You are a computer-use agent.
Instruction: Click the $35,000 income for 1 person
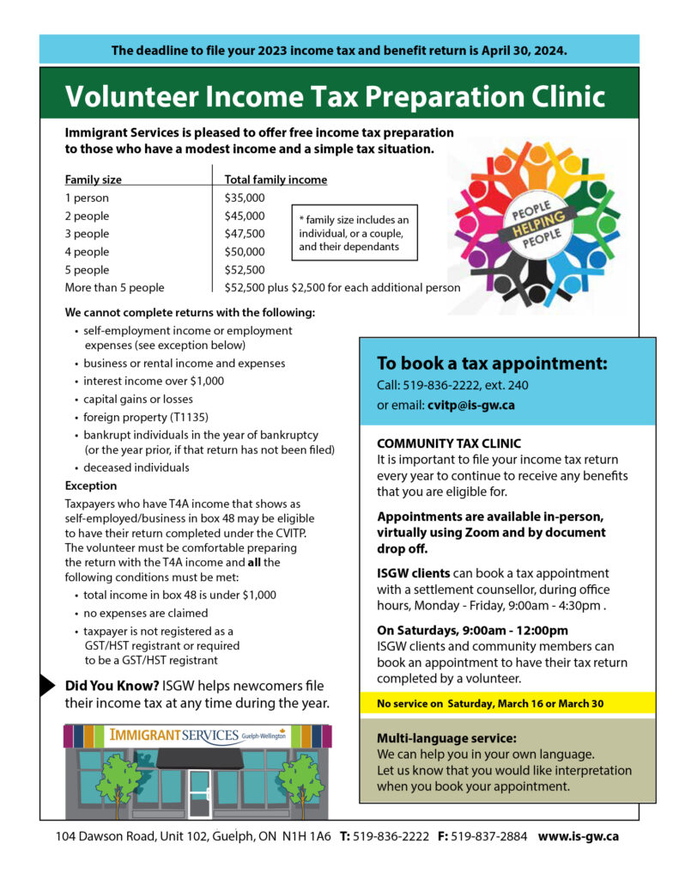click(x=244, y=198)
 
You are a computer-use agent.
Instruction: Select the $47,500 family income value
click(x=244, y=234)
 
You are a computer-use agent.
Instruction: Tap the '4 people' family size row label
click(x=87, y=252)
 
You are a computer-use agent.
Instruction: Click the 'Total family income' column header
click(x=275, y=180)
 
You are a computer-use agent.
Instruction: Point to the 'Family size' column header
click(x=93, y=180)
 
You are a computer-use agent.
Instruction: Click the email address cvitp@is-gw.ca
click(x=470, y=405)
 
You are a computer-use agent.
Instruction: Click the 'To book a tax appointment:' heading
click(x=492, y=364)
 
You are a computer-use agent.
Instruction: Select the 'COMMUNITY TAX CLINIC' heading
click(x=448, y=443)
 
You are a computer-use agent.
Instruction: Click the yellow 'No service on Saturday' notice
click(x=490, y=704)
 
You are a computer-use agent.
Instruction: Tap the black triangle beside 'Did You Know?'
click(x=47, y=685)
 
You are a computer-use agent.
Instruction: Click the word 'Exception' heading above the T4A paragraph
click(x=91, y=486)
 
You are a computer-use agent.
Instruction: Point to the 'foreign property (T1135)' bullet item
click(x=137, y=417)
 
